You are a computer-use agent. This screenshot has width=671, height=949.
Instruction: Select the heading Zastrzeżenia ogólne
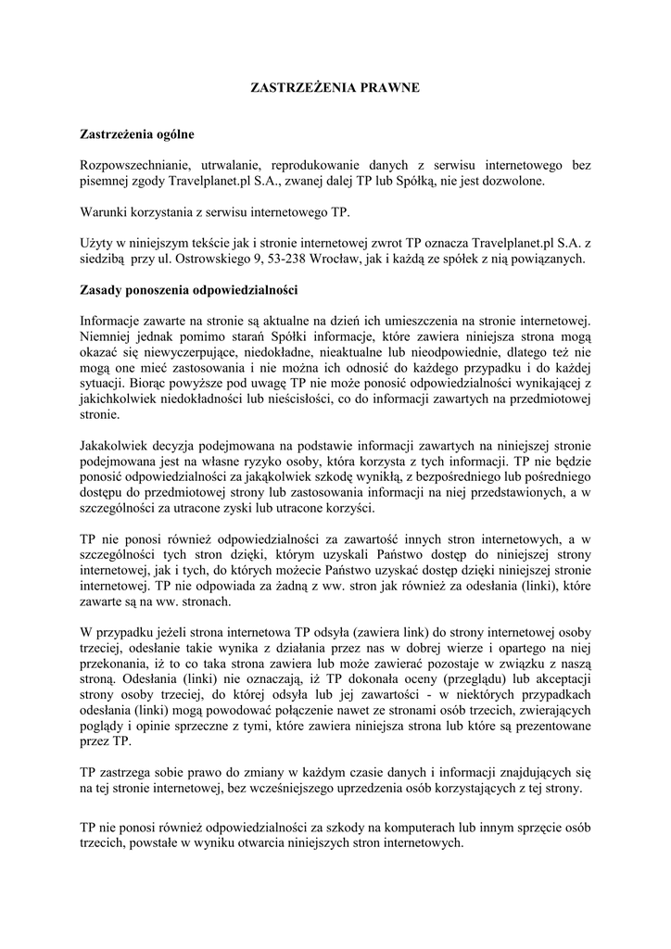pyautogui.click(x=137, y=135)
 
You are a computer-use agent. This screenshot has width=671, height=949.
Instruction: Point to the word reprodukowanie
pyautogui.click(x=336, y=165)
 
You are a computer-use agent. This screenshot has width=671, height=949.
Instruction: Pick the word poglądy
pyautogui.click(x=105, y=726)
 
